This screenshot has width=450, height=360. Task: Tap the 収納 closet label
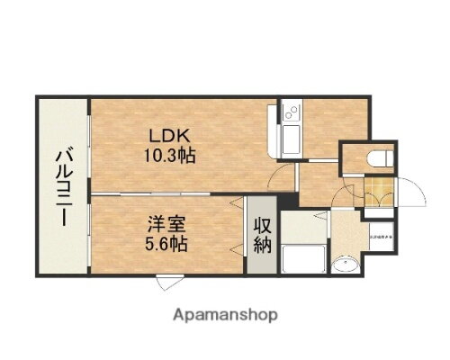pos(262,233)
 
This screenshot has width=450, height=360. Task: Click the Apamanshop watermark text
pos(225,315)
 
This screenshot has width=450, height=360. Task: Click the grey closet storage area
pos(262,256)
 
